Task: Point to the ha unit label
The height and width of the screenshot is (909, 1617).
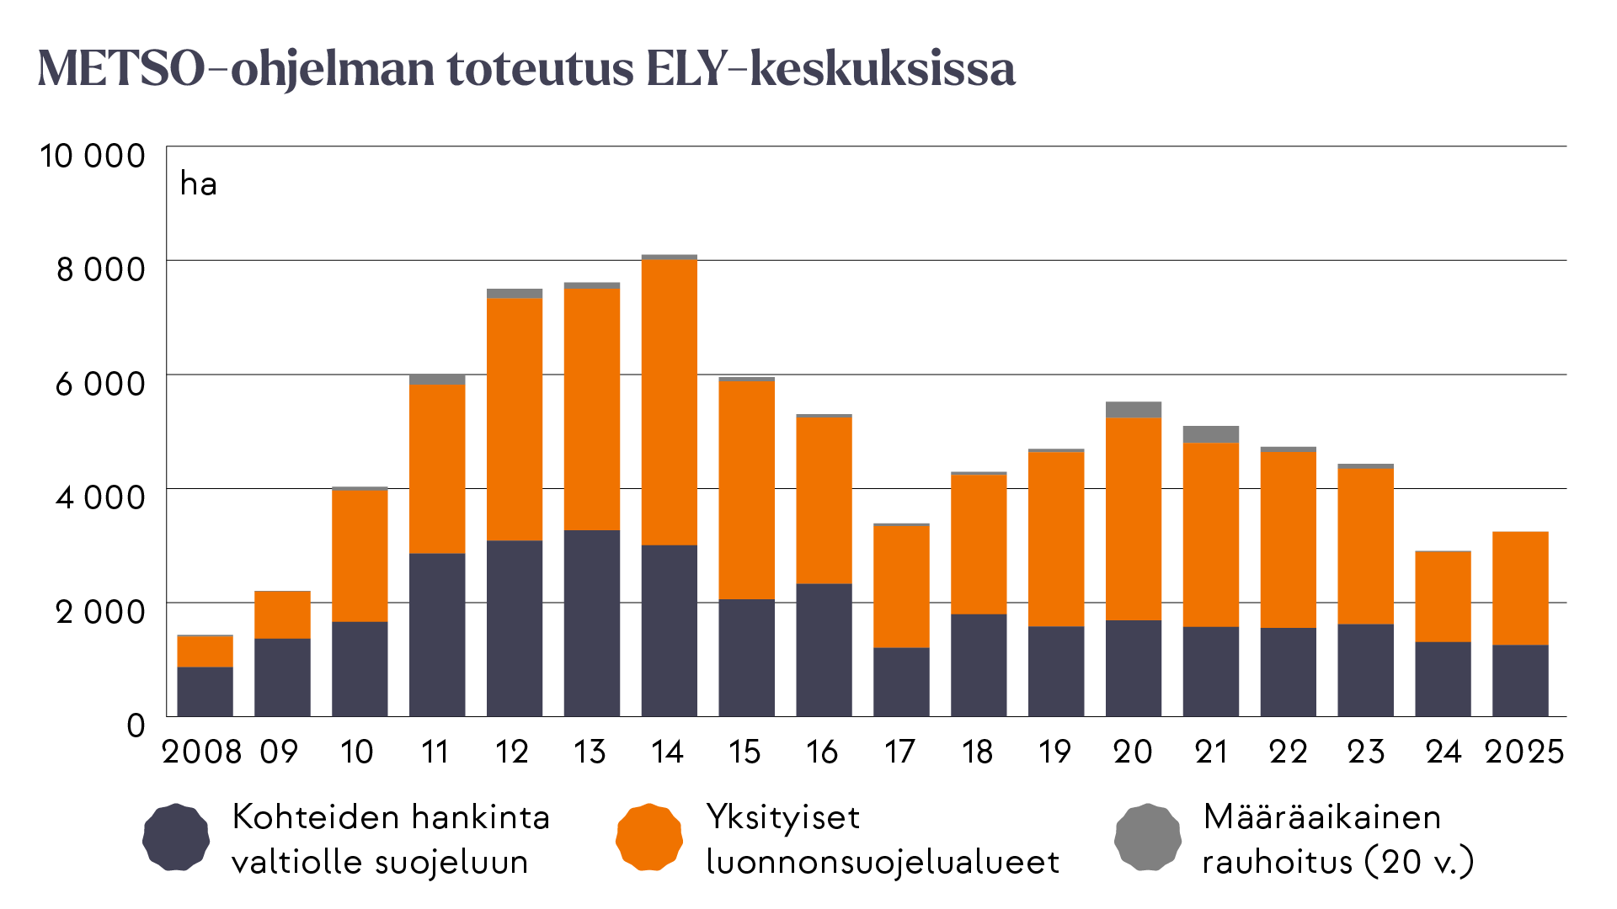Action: point(199,183)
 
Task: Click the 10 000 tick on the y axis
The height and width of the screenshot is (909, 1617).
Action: point(93,156)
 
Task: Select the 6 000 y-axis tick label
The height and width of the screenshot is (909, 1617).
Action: point(100,384)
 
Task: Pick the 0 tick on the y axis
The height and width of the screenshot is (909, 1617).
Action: point(136,725)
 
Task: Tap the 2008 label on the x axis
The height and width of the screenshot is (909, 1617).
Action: point(202,752)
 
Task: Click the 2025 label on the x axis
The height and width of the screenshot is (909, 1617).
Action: point(1524,752)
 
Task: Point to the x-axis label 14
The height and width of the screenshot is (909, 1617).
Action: point(667,752)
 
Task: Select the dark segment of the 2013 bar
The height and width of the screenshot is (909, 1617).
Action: point(591,623)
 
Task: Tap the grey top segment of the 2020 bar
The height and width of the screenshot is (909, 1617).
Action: point(1133,410)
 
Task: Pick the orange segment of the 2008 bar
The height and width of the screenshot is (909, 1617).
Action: point(205,651)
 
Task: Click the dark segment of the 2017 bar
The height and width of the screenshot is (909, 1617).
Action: point(901,682)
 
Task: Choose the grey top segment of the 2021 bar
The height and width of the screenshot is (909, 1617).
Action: point(1210,434)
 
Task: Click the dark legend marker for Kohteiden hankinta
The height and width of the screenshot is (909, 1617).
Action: point(175,837)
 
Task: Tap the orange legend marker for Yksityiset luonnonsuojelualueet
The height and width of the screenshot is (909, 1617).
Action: point(648,837)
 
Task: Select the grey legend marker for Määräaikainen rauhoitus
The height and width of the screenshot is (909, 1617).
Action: point(1147,837)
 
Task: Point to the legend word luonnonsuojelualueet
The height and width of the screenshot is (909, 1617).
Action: point(883,862)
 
